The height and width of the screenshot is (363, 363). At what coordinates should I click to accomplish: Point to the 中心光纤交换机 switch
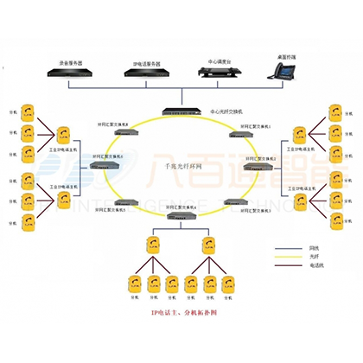181,112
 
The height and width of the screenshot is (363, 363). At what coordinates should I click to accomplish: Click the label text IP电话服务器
146,63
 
